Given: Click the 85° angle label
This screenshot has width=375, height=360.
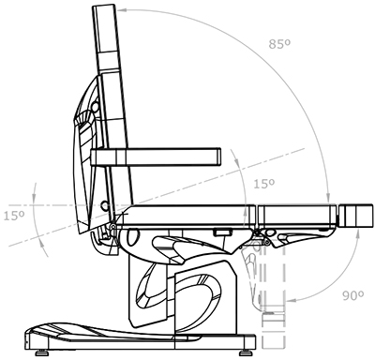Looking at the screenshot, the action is pyautogui.click(x=279, y=44).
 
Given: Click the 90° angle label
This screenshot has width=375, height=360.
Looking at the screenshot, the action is pyautogui.click(x=352, y=295).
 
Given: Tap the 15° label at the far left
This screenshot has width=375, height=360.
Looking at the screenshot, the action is pyautogui.click(x=14, y=216).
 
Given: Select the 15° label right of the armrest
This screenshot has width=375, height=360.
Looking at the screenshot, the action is pyautogui.click(x=263, y=184).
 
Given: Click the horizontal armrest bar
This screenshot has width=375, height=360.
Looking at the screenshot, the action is pyautogui.click(x=156, y=157).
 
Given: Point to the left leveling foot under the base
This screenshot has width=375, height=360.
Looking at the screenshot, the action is pyautogui.click(x=41, y=353).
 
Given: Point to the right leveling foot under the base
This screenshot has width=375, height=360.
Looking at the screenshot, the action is pyautogui.click(x=246, y=353).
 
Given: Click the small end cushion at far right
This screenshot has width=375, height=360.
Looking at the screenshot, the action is pyautogui.click(x=355, y=216).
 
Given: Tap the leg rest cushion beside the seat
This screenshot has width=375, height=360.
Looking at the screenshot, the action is pyautogui.click(x=297, y=216).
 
